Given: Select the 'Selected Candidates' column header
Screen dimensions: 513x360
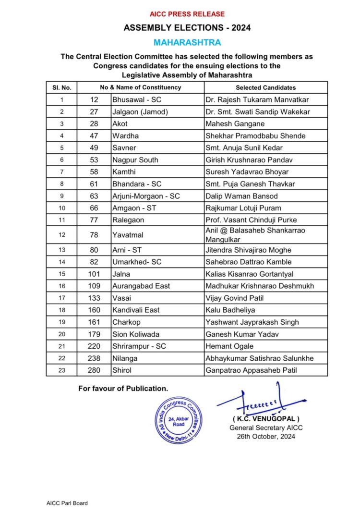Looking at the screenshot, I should (265, 87).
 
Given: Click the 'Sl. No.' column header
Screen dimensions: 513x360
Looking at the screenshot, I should (61, 87).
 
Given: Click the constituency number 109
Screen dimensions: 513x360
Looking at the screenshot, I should (94, 286).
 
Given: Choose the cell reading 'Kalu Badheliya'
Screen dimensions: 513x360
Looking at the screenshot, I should (228, 310).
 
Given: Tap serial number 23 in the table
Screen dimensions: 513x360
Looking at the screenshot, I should (61, 370).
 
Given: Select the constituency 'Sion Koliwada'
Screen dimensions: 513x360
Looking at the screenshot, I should (132, 334).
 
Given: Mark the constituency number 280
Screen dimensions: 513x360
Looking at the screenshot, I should (94, 370).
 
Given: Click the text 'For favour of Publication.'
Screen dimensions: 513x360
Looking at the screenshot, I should (123, 388).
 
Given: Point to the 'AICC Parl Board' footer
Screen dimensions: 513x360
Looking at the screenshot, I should (63, 503).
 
